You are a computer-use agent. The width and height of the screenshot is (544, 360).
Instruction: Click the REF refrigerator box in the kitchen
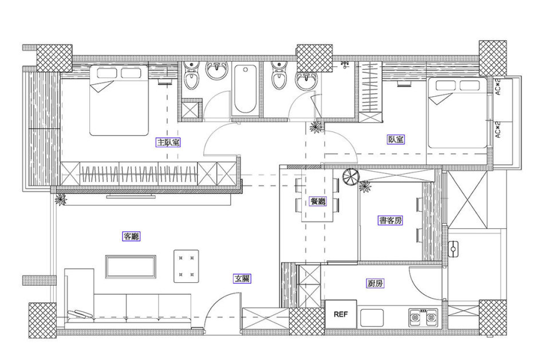coord(341,314)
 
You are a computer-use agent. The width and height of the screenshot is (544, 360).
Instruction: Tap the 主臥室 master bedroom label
coord(168,142)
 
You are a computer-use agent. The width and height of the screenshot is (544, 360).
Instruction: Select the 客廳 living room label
coord(131,236)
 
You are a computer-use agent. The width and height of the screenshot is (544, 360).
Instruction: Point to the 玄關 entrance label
coord(242,279)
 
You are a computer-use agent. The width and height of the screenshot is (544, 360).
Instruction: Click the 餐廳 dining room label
coord(318,201)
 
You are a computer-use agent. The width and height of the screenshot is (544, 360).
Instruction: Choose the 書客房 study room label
coord(391,220)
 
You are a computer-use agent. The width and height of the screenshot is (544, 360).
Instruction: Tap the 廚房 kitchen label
coord(376,283)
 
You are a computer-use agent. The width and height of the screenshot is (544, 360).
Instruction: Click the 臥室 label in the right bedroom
coord(396,140)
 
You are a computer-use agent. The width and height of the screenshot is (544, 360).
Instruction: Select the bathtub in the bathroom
coord(245,89)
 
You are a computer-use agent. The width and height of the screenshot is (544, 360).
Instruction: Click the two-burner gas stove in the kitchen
coord(424,317)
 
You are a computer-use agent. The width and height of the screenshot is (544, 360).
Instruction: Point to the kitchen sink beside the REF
coord(372,318)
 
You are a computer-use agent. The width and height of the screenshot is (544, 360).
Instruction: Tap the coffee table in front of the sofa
coord(131,267)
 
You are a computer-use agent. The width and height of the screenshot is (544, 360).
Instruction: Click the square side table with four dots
coord(186,266)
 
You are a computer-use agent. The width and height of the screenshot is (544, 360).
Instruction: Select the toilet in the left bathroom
coord(191,75)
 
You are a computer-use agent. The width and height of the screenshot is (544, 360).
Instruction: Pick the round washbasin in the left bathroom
coord(217,71)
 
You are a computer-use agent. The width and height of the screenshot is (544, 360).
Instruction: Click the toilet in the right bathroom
coord(279,75)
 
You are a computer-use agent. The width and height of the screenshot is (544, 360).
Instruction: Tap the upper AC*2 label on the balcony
coord(498,86)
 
